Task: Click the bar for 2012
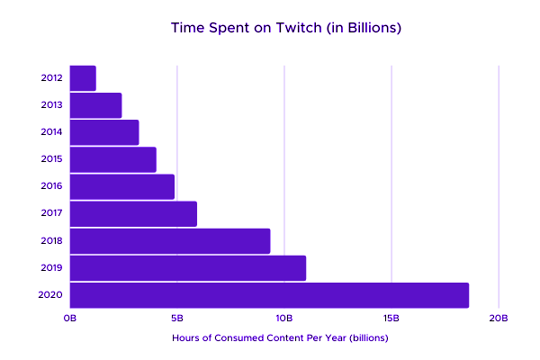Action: [83, 78]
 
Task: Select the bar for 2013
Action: [95, 105]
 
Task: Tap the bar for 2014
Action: [104, 132]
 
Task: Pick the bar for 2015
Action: [113, 159]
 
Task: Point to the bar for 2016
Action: [122, 186]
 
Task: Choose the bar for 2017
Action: [133, 214]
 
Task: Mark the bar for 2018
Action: [170, 241]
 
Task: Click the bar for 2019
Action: [188, 268]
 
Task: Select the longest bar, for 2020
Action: [269, 295]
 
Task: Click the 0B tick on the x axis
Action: [70, 319]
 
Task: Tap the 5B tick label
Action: [177, 319]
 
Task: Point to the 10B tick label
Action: [284, 319]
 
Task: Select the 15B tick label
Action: [391, 319]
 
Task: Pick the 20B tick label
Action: [499, 319]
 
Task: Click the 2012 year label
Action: [52, 78]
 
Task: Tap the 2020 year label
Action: [52, 295]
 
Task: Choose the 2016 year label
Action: [52, 186]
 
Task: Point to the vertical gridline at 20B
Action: [499, 180]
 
